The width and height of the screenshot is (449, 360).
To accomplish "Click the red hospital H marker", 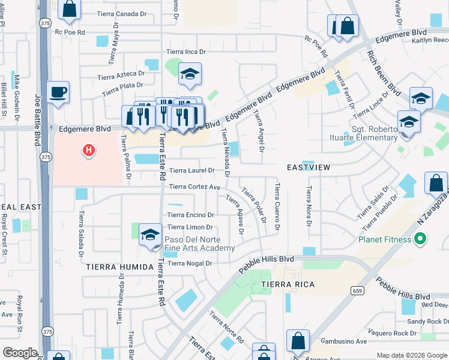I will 89,149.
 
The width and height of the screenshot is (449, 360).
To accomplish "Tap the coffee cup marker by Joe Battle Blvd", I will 58,93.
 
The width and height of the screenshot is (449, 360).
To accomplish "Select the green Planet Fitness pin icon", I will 420,239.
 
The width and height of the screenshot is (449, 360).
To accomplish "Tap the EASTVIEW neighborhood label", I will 308,167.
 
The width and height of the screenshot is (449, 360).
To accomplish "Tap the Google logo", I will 20,353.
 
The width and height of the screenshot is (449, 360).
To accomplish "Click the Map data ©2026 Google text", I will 411,355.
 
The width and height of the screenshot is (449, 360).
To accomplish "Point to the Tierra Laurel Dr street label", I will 191,171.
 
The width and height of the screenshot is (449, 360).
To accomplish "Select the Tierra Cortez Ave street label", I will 194,187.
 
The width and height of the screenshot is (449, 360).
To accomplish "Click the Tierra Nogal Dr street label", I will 191,263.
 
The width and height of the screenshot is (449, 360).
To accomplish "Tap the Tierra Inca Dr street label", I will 186,52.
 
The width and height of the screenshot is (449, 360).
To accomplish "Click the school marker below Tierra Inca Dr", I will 190,74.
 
